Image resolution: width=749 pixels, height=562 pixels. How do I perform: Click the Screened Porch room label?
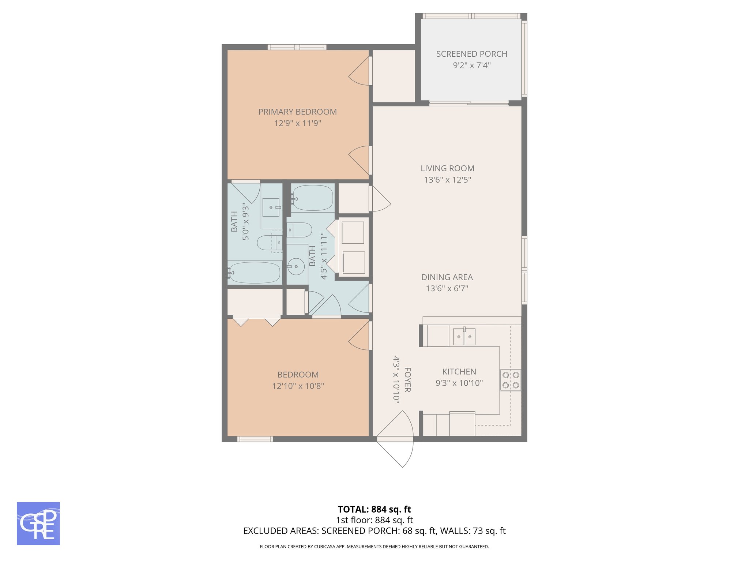coord(471,54)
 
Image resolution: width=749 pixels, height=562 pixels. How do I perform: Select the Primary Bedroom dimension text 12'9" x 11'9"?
coord(297,123)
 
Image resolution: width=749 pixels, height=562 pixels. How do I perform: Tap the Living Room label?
coord(447,169)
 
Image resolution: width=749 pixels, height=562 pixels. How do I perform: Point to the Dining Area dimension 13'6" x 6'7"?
coord(447,289)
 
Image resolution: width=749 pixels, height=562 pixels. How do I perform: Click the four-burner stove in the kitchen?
coord(511,380)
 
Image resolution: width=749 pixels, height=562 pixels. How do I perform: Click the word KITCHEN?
coord(459,372)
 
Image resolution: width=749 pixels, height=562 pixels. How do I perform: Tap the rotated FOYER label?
coord(407,380)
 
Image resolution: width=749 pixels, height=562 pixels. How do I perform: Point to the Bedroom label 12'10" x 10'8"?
coord(298,386)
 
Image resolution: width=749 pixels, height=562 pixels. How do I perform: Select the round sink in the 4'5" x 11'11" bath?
coord(296,266)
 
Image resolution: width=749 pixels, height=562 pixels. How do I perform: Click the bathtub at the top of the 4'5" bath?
coord(313,198)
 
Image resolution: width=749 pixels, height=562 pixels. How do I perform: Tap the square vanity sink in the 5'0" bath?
coord(271,207)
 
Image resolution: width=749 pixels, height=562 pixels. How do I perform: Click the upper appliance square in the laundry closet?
coord(353,232)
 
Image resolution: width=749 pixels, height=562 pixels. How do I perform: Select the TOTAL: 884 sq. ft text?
coord(374,509)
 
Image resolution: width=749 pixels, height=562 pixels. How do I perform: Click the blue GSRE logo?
coord(38,524)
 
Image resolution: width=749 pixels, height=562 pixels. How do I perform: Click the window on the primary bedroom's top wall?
coord(297,47)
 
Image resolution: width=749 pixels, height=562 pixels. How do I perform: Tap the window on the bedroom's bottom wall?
coord(255,439)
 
